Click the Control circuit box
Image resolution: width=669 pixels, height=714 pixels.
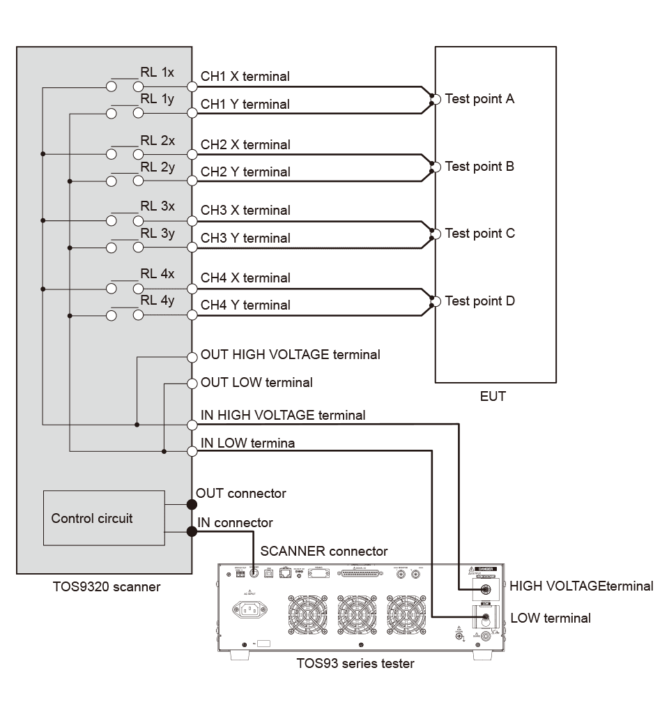click(104, 517)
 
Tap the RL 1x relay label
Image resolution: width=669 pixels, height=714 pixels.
click(157, 72)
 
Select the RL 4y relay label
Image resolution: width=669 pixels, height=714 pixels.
click(157, 300)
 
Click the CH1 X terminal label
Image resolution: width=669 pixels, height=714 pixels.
click(245, 76)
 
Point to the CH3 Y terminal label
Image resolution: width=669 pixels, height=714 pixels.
click(245, 238)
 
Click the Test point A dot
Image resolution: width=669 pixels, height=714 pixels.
click(436, 100)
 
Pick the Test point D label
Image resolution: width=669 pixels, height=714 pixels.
click(479, 301)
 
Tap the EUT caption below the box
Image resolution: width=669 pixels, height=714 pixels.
click(493, 397)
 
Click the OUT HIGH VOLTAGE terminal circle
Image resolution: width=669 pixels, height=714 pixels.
click(193, 357)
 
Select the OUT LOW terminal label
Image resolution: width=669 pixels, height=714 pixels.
click(256, 382)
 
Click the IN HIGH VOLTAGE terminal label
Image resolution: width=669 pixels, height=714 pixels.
click(282, 415)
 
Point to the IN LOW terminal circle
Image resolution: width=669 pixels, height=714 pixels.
click(193, 451)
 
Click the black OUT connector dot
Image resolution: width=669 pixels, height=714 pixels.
click(192, 504)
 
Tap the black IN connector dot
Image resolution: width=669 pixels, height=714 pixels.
click(192, 532)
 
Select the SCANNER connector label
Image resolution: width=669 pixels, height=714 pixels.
click(323, 551)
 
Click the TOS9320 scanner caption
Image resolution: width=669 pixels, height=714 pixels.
click(107, 586)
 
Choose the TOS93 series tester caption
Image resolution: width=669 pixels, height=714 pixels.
click(355, 663)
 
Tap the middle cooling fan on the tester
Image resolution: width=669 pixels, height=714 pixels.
click(357, 614)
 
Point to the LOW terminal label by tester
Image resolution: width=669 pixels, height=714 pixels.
click(550, 618)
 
